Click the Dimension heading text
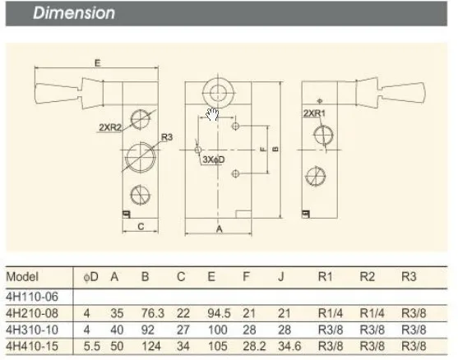(74, 13)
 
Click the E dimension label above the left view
(98, 63)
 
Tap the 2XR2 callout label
(110, 127)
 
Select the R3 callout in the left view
(167, 137)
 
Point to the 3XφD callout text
(214, 159)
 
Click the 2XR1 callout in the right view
(314, 113)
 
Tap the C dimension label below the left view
(141, 226)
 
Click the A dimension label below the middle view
(219, 229)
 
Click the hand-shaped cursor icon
(212, 114)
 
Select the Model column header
(22, 276)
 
